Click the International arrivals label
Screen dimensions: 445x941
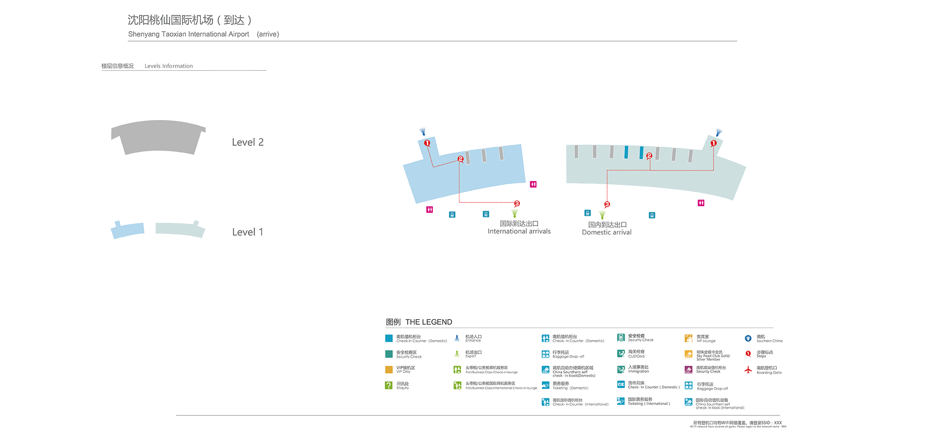tap(519, 231)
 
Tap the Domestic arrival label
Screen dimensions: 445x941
tap(606, 232)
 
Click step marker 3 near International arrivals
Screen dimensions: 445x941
tap(517, 203)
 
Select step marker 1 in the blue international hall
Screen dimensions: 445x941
tap(427, 143)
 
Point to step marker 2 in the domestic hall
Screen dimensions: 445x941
tap(649, 155)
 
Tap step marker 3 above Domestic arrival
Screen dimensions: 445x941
tap(607, 204)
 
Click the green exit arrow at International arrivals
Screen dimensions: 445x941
tap(515, 213)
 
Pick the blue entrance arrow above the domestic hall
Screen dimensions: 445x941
tap(718, 132)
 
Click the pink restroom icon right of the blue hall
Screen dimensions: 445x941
tap(533, 184)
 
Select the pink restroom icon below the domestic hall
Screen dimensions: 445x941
tap(701, 203)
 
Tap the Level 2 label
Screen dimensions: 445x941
tap(247, 142)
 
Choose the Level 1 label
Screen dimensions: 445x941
tap(247, 232)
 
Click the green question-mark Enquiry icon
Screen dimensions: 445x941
tap(389, 385)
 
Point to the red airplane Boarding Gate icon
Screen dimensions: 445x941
tap(748, 370)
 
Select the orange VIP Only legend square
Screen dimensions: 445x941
tap(389, 370)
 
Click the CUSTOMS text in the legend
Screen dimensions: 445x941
tap(636, 356)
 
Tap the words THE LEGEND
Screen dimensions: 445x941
tap(429, 322)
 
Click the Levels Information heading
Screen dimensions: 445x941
tap(168, 66)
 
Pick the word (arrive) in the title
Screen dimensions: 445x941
tap(268, 34)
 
